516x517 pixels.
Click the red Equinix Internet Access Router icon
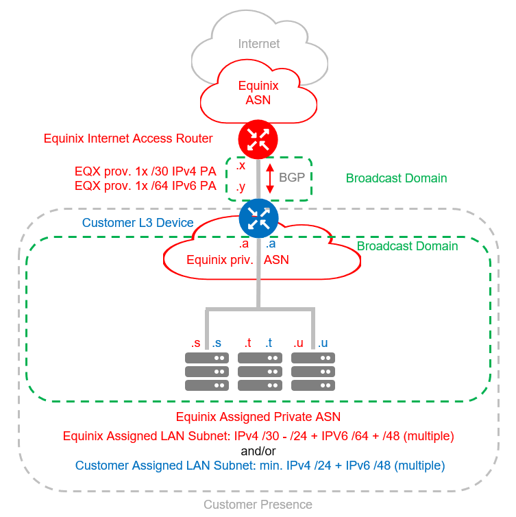[258, 140]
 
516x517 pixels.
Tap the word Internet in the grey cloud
[259, 44]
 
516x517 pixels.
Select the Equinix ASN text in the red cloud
[258, 93]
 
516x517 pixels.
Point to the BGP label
[291, 176]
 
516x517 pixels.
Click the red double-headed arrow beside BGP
[270, 177]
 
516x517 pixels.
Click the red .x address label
[241, 166]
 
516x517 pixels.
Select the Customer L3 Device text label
[138, 224]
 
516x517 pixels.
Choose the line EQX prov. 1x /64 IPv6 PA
[145, 186]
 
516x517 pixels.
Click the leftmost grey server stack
[206, 371]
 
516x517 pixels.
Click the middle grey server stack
[260, 371]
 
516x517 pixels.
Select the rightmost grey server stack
[313, 371]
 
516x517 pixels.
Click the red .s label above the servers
[196, 343]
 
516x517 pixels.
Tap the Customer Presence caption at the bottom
[258, 505]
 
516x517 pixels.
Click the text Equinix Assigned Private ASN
[258, 417]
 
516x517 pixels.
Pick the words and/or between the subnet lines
[258, 450]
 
